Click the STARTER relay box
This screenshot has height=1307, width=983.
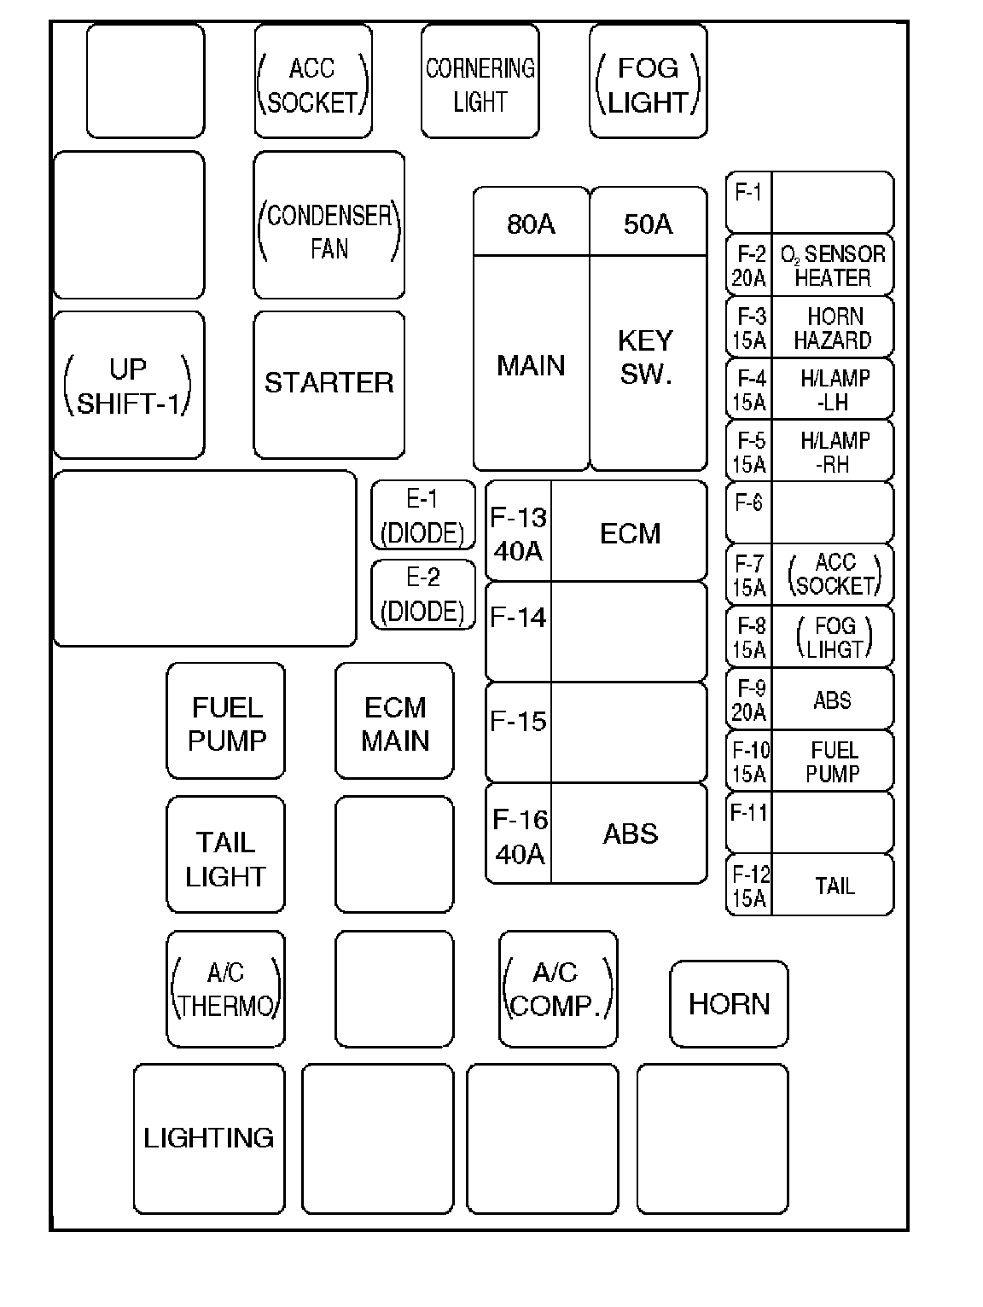pos(329,384)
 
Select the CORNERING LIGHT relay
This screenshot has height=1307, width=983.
pos(480,83)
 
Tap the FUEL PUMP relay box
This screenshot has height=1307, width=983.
pos(226,722)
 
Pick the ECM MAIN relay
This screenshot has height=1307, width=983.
pos(394,722)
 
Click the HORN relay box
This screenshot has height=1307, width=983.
pos(729,1004)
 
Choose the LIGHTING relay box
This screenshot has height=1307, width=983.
pos(209,1138)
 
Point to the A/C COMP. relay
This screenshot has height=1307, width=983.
pos(558,989)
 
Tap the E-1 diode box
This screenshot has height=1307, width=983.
pos(422,515)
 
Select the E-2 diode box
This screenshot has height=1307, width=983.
pos(422,595)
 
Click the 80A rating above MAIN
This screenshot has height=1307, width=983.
pos(531,224)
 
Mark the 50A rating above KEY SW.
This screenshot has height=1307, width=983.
pos(648,224)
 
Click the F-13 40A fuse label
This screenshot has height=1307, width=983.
pos(518,533)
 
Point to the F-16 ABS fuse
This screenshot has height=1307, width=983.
pos(596,834)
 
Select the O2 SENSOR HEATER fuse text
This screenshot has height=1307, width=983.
pos(832,265)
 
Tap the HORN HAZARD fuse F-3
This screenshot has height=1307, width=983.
pos(810,328)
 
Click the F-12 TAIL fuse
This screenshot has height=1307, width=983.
pos(810,886)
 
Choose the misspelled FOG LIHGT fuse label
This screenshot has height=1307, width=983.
pos(834,637)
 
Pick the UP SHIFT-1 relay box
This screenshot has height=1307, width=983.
pos(129,386)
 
